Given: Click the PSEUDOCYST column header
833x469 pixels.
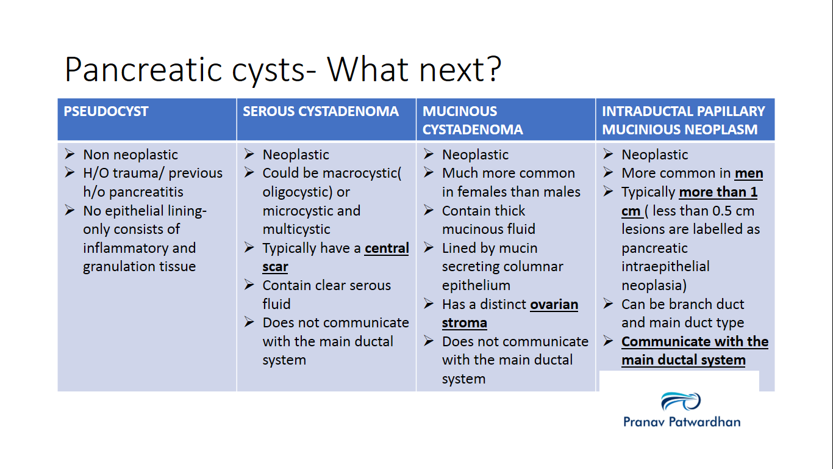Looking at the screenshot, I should [106, 112].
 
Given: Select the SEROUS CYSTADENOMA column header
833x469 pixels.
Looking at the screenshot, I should [321, 112].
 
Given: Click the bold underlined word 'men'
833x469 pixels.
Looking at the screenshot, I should [749, 173].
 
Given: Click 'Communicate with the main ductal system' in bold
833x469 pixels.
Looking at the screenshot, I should [695, 351].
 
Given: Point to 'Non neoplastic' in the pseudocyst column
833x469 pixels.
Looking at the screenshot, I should [130, 155].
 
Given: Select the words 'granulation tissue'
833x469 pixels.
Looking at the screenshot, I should [139, 267].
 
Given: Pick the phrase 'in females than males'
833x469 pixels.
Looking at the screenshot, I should [511, 192].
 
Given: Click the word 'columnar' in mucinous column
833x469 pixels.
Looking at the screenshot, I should [537, 267].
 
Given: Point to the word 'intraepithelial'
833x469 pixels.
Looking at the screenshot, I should [665, 267].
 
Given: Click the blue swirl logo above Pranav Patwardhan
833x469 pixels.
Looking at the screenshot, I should [681, 402].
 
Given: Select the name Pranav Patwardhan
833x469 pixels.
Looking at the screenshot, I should [682, 421].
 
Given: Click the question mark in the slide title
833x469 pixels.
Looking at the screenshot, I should [491, 69].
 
